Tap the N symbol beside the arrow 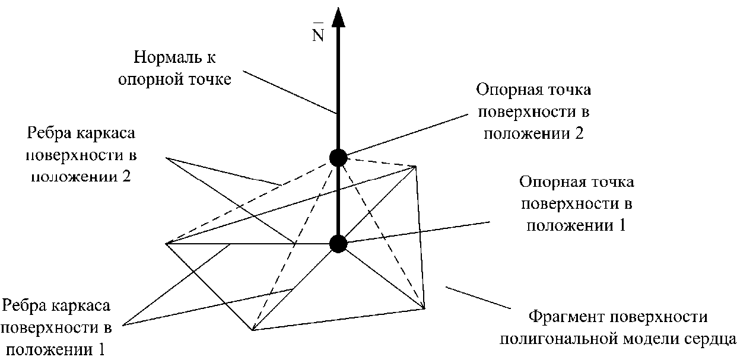[x=318, y=34]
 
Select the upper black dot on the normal [x=338, y=157]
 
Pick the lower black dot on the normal [x=338, y=243]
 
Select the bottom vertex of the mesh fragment [x=252, y=330]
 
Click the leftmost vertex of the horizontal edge [x=167, y=243]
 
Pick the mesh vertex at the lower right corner [x=425, y=308]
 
